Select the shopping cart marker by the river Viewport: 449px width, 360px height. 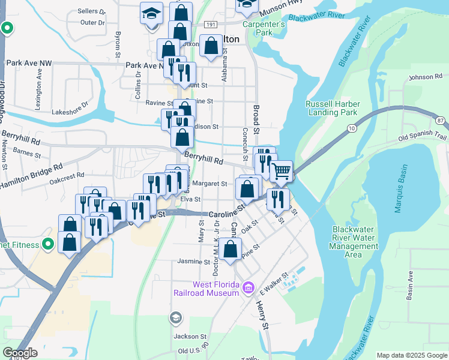281,172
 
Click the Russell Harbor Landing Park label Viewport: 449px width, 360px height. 331,107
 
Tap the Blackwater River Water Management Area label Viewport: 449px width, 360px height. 356,242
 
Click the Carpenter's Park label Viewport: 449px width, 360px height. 264,28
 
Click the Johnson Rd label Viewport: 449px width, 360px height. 425,77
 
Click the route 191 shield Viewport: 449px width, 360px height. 209,25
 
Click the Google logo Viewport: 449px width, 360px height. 20,353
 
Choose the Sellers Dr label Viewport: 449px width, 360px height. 91,11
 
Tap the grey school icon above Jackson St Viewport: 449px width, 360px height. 176,317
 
